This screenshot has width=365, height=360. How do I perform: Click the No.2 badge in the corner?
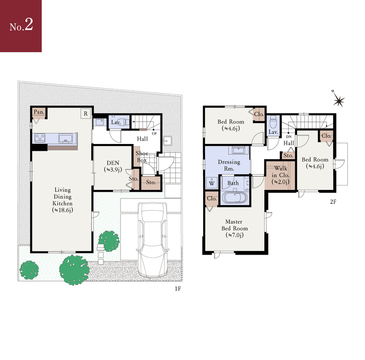point(21,26)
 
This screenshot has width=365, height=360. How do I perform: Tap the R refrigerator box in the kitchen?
point(86,113)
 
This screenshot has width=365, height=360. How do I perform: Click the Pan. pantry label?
point(39,112)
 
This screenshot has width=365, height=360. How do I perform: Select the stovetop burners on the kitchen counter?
point(40,138)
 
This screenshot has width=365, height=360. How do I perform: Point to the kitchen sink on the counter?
point(66,138)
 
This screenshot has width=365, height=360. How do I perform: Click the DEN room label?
point(113,163)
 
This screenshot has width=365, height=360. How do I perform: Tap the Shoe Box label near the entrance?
point(142,157)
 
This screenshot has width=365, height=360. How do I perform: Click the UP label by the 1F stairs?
point(154,134)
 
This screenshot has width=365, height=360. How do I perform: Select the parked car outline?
point(152,239)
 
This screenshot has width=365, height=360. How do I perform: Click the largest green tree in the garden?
point(74,270)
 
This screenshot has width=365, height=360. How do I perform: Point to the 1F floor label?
point(178,289)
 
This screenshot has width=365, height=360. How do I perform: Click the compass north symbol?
point(338,100)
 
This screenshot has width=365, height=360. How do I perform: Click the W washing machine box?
point(212,183)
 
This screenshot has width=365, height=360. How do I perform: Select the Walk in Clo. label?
point(280,175)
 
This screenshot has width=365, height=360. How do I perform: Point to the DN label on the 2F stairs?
point(289,137)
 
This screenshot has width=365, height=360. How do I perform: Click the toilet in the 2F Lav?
point(273,122)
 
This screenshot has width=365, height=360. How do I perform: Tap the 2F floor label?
point(333,202)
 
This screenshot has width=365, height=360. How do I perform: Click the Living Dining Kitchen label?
point(62,200)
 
